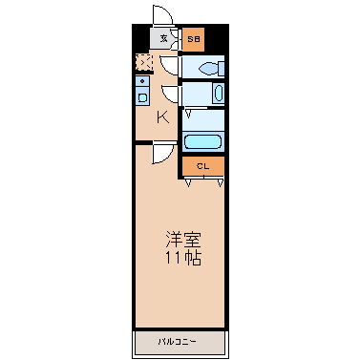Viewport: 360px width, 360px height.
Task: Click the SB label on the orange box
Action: click(x=193, y=39)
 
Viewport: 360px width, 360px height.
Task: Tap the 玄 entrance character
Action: click(x=163, y=39)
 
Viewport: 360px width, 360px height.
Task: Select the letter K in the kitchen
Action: click(x=163, y=118)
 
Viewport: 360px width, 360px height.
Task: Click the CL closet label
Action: click(x=202, y=166)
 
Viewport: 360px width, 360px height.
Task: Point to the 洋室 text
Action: click(x=183, y=241)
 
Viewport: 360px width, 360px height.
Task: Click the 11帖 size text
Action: click(x=183, y=258)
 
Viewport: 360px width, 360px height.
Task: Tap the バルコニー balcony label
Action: click(x=178, y=342)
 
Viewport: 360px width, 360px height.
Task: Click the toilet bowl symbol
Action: click(x=211, y=69)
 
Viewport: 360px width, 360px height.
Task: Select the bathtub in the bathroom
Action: click(x=202, y=142)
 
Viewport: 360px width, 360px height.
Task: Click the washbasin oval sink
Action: click(x=219, y=94)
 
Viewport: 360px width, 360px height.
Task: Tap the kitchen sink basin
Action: click(x=142, y=97)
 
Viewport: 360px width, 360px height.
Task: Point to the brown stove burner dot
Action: click(x=142, y=81)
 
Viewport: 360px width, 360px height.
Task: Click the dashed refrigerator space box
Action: click(x=144, y=62)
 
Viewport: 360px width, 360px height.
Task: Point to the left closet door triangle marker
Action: click(x=188, y=183)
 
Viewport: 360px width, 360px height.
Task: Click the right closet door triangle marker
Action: click(x=221, y=183)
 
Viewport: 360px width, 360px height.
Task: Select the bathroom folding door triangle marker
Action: click(x=188, y=114)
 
